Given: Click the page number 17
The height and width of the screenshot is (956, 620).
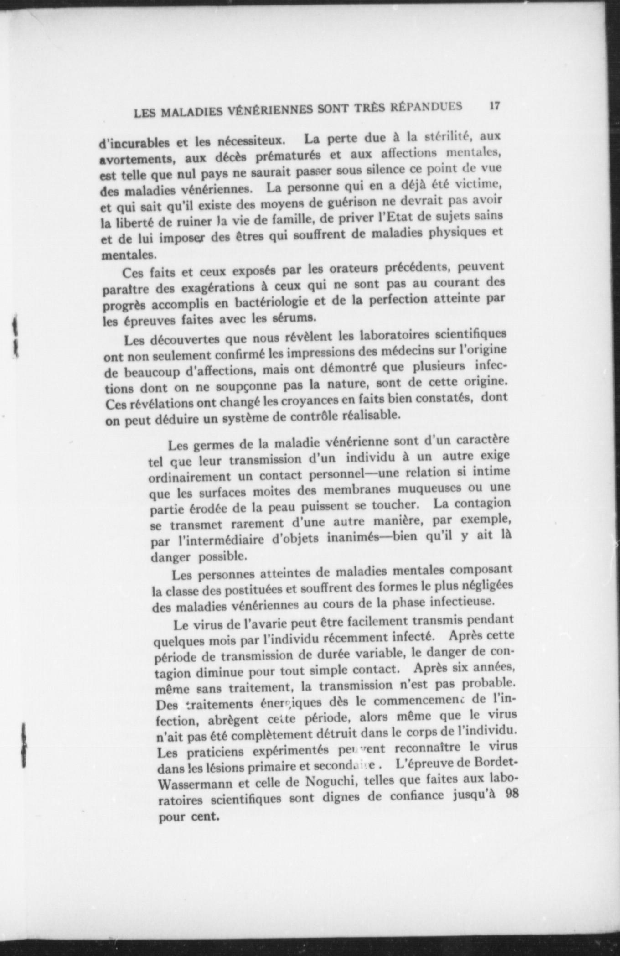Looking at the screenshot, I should tap(495, 106).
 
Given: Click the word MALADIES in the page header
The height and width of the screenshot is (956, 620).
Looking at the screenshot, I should tap(200, 111).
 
